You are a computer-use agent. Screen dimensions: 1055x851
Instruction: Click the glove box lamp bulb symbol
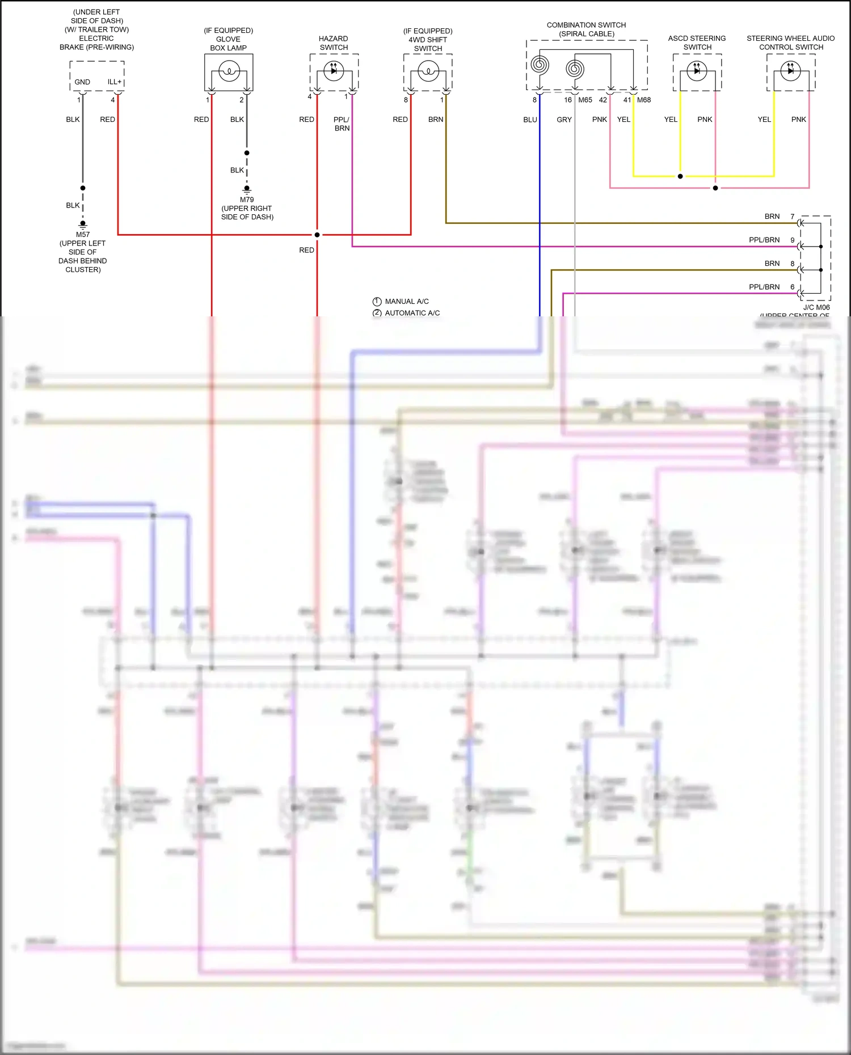(229, 71)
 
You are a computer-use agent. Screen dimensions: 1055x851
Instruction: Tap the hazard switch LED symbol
(334, 70)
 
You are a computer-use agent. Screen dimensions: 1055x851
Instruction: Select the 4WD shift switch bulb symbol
(428, 71)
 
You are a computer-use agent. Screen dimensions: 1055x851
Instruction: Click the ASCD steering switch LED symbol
(697, 71)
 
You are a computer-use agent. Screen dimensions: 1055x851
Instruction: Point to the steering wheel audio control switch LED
(790, 71)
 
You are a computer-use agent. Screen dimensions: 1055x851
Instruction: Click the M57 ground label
(83, 234)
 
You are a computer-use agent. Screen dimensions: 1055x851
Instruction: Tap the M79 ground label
(247, 200)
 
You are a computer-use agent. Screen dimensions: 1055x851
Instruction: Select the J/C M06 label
(816, 307)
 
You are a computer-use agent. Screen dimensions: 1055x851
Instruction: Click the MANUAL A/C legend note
(406, 302)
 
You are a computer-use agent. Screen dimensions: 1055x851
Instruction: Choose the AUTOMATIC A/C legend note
(412, 313)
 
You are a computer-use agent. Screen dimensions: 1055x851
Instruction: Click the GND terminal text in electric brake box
(82, 82)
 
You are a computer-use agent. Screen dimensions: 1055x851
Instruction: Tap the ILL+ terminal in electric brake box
(115, 82)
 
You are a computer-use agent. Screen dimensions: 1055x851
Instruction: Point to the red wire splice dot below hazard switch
(317, 235)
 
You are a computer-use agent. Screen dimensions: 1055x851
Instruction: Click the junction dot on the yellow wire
(680, 176)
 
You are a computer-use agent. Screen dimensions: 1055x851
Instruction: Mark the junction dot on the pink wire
(715, 188)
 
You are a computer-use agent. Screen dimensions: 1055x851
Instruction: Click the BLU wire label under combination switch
(530, 120)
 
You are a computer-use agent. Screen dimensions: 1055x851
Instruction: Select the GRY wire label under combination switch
(564, 120)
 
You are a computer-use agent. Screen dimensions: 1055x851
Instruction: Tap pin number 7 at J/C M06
(793, 217)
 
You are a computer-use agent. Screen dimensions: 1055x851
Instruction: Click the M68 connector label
(644, 100)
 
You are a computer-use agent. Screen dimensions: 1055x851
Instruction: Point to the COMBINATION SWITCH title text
(586, 25)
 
